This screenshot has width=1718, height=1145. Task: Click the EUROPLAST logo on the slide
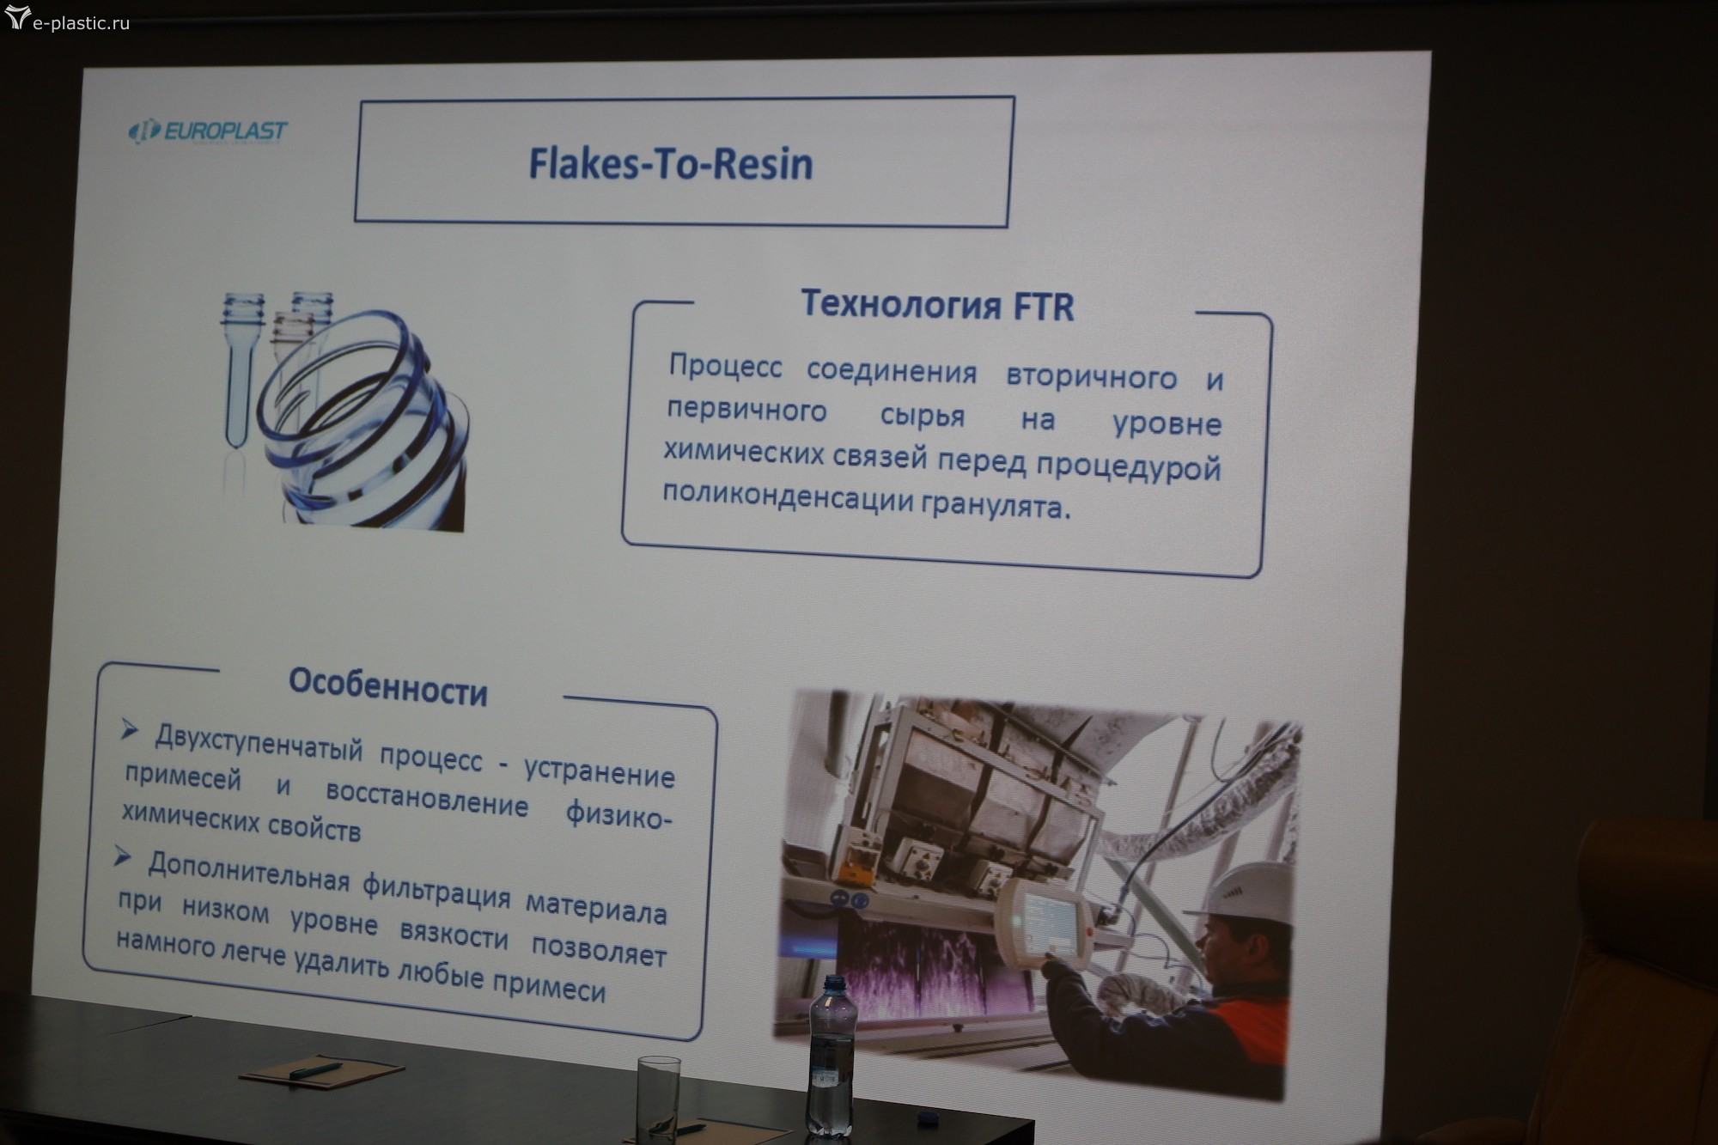coord(208,131)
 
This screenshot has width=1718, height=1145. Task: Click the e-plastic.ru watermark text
coord(81,23)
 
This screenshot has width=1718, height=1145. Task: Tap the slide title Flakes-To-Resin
coord(670,163)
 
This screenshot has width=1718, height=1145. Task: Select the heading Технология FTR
coord(937,305)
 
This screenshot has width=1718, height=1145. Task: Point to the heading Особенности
coord(388,686)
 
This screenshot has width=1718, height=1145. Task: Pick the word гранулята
coord(996,505)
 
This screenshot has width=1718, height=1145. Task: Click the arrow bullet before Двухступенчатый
coord(129,730)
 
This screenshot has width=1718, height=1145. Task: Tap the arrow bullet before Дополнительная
coord(122,856)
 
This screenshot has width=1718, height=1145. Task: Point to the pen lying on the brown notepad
coord(315,1070)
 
